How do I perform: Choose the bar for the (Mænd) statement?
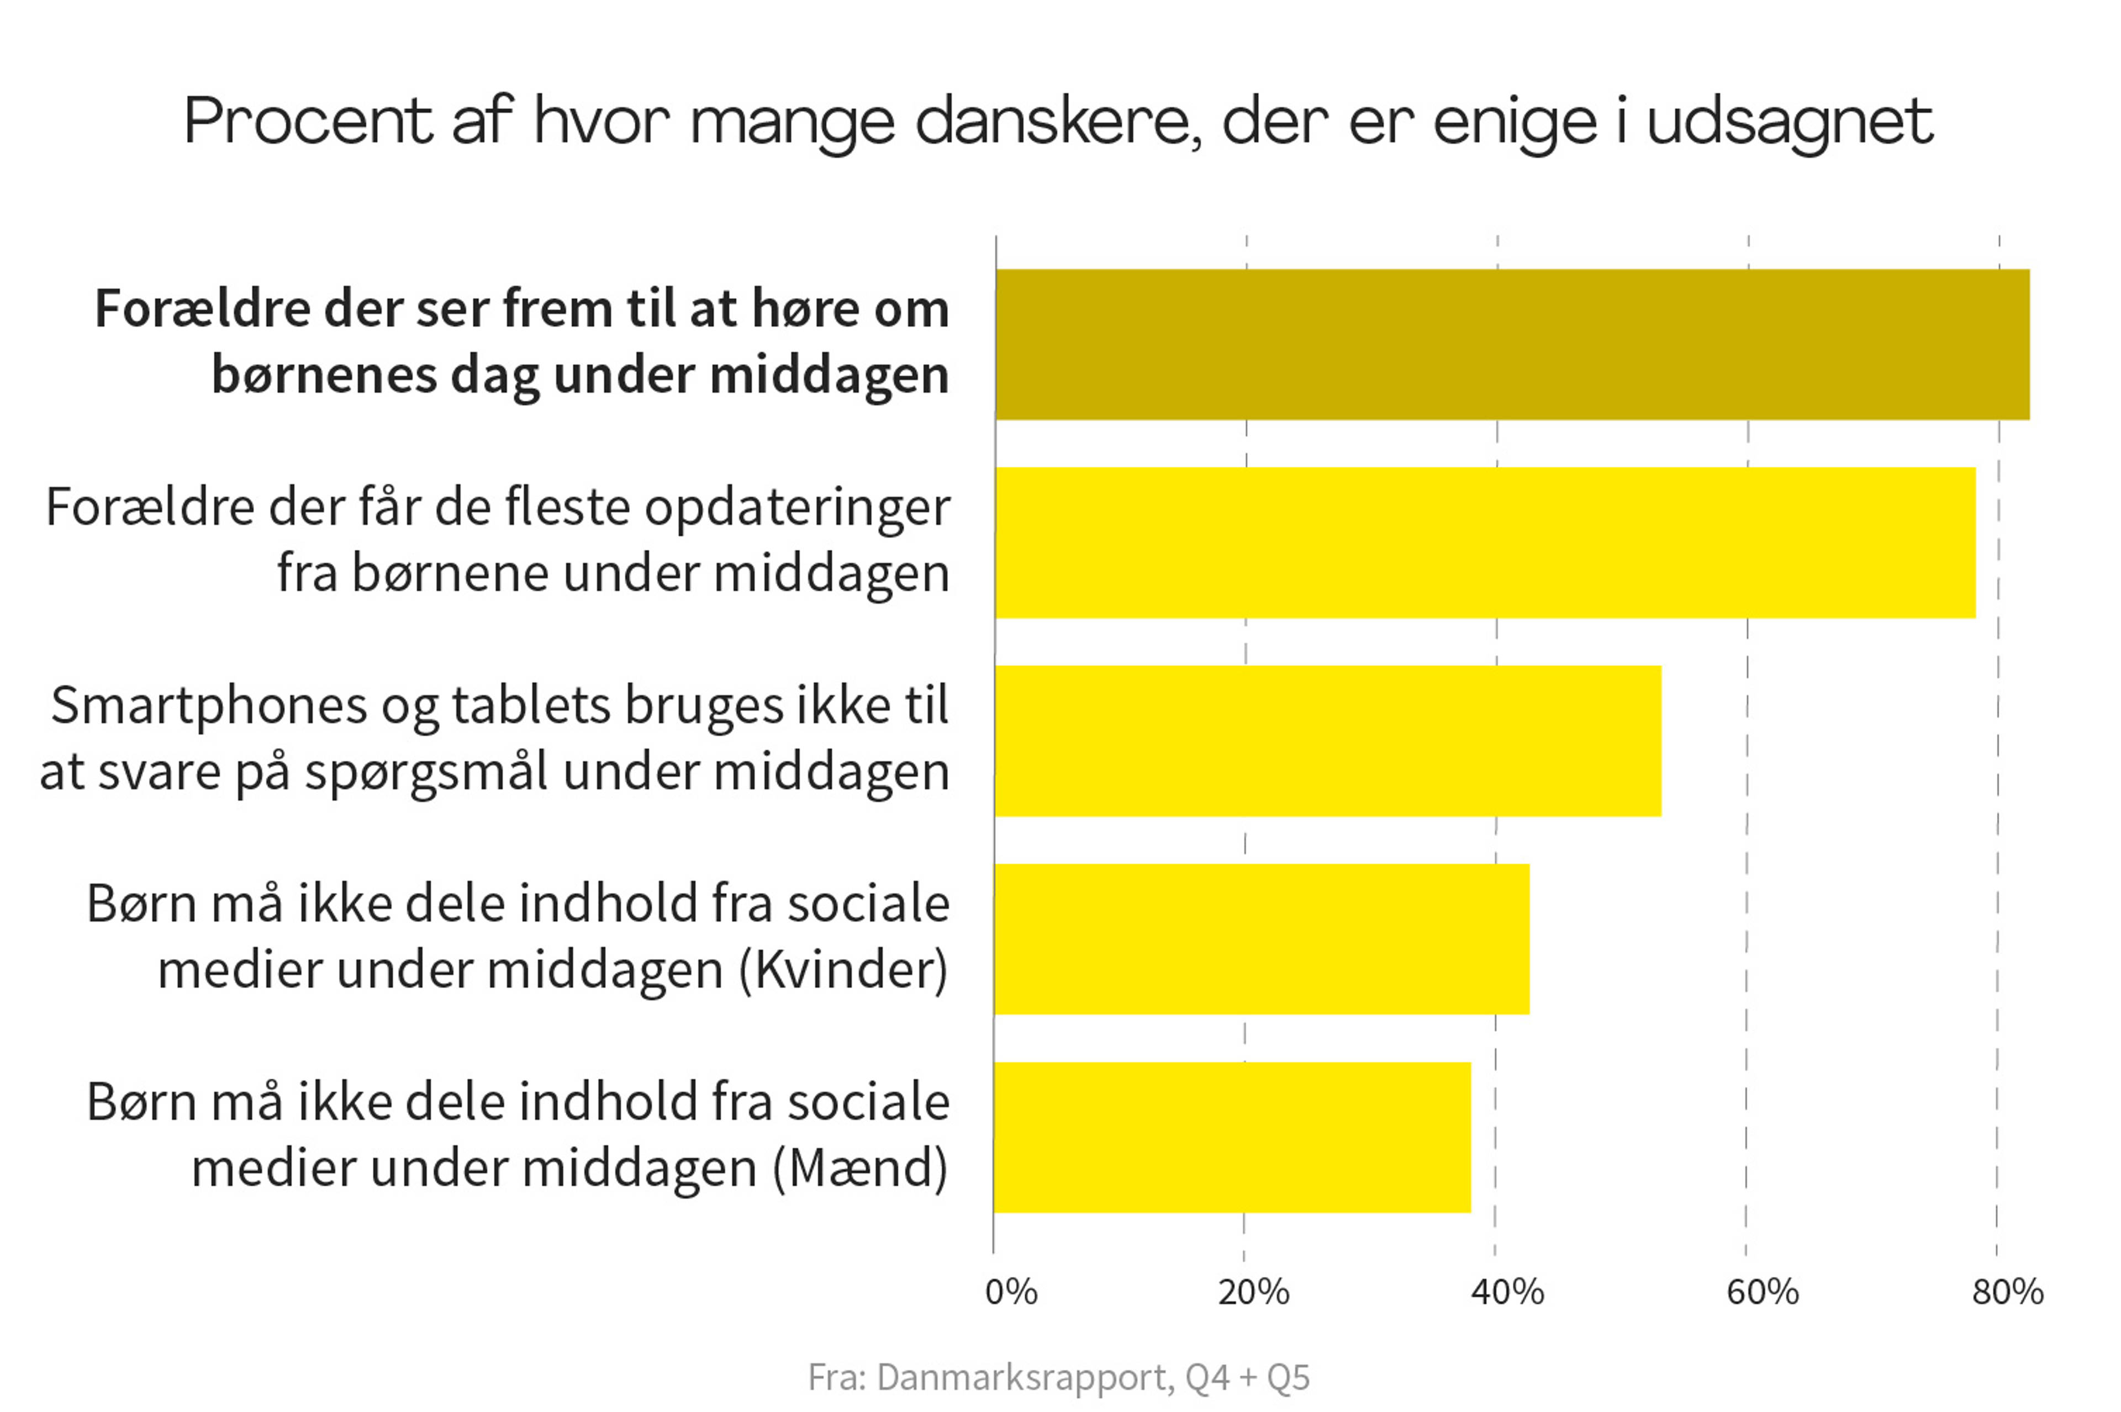(1232, 1137)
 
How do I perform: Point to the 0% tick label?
(1011, 1292)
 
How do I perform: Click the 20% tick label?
(1253, 1292)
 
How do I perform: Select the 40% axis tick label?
(1506, 1292)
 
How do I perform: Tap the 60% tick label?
(1761, 1292)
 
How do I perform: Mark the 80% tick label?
(2007, 1292)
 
